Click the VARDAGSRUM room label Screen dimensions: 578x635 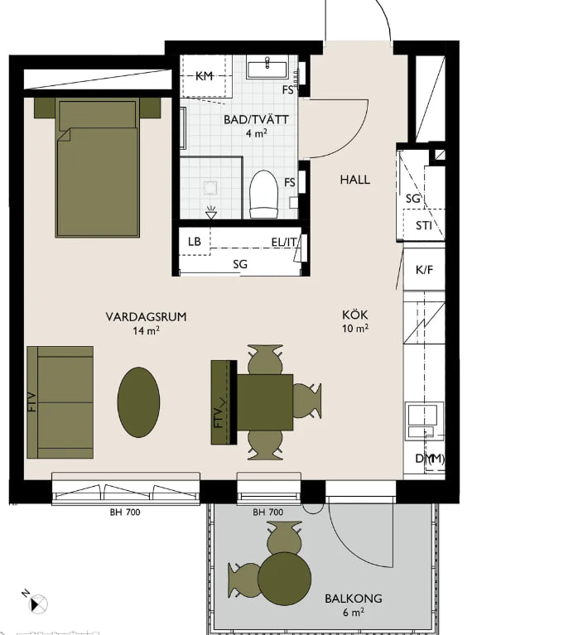147,316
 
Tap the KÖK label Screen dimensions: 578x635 354,315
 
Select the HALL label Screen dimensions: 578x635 355,180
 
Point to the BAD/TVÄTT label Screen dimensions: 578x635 257,119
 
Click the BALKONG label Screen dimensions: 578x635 354,598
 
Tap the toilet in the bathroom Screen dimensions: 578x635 263,194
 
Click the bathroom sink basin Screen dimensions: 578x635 267,70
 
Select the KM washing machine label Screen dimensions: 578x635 205,75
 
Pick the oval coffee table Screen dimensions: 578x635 138,402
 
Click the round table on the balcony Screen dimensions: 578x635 284,579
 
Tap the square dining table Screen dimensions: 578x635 264,402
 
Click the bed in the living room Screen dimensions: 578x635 98,167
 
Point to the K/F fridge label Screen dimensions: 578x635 424,270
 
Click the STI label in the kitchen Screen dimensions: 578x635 424,225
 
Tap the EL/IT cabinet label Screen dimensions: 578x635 284,242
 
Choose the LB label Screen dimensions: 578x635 195,242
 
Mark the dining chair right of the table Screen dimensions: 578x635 306,401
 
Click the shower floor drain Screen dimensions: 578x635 210,187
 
